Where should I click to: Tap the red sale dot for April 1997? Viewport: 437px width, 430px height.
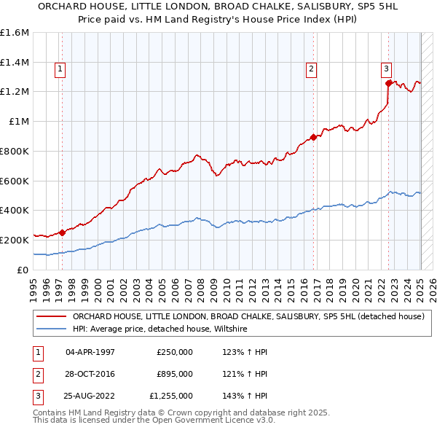(63, 232)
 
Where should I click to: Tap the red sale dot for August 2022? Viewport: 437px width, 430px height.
(389, 83)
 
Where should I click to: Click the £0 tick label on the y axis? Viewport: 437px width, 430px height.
(24, 270)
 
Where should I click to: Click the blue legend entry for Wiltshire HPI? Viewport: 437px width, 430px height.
(160, 329)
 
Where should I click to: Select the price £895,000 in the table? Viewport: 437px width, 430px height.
(175, 374)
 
